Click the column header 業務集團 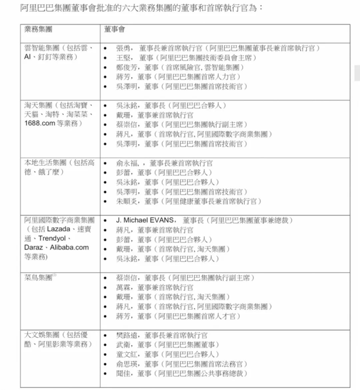(x=38, y=29)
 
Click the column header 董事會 (x=114, y=29)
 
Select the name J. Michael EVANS (x=145, y=220)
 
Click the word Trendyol (x=52, y=238)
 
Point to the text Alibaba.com (x=69, y=247)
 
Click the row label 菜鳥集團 (x=38, y=277)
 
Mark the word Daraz (x=33, y=247)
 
